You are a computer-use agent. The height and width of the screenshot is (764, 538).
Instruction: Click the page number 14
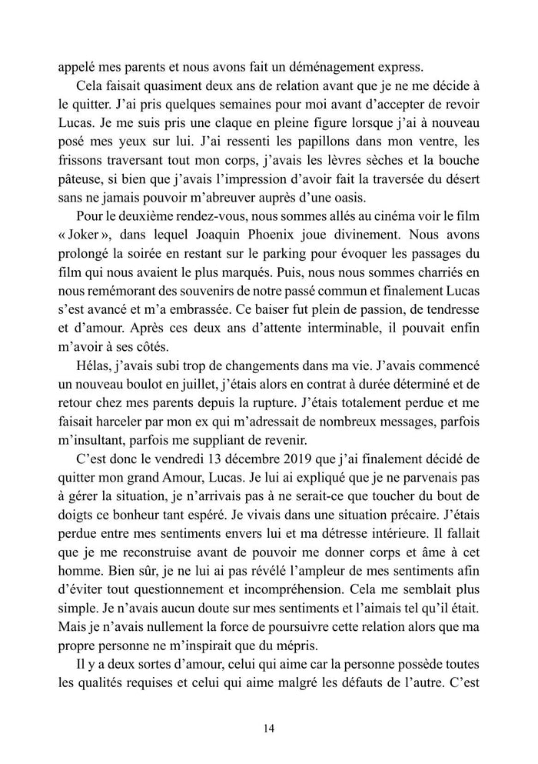[268, 728]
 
